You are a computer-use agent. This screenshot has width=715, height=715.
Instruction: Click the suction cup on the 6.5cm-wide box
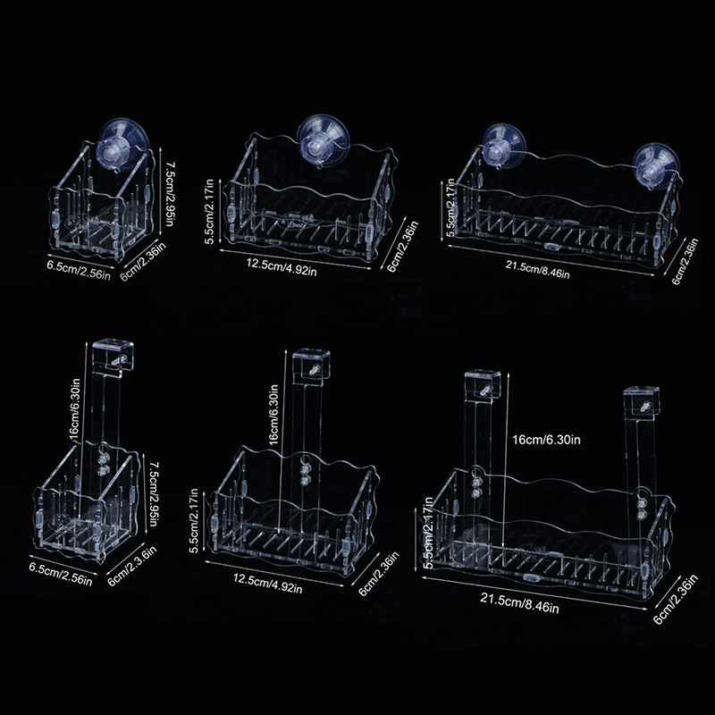coord(122,144)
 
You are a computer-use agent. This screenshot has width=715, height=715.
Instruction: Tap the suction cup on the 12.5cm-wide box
coord(324,140)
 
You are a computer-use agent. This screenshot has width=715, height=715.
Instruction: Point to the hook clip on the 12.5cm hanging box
coord(311,365)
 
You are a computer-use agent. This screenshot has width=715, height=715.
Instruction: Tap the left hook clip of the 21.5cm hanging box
coord(483,384)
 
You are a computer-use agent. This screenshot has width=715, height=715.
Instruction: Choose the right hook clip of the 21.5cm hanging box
coord(642,400)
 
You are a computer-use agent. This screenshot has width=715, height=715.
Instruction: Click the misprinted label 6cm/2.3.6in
coord(132,566)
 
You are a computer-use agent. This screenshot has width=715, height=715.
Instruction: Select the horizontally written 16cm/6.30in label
coord(546,440)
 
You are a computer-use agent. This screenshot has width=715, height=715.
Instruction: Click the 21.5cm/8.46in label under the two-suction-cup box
coord(537,270)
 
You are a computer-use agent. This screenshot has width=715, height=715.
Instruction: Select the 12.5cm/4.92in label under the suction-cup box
coord(282,267)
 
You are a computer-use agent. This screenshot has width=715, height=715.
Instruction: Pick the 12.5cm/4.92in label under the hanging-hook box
coord(267,584)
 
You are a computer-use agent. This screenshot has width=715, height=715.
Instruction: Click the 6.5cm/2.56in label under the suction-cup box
coord(79,271)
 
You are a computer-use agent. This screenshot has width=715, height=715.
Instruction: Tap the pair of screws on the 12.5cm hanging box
coord(302,475)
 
